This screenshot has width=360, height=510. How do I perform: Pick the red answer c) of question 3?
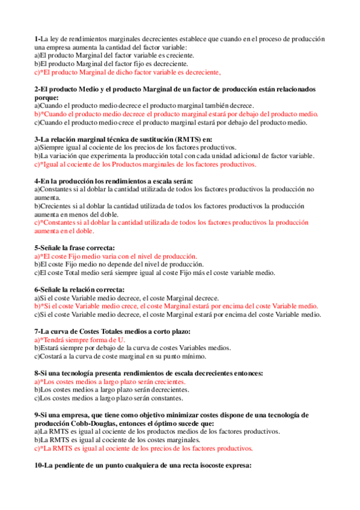145,164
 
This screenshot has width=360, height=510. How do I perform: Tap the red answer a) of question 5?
115,256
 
